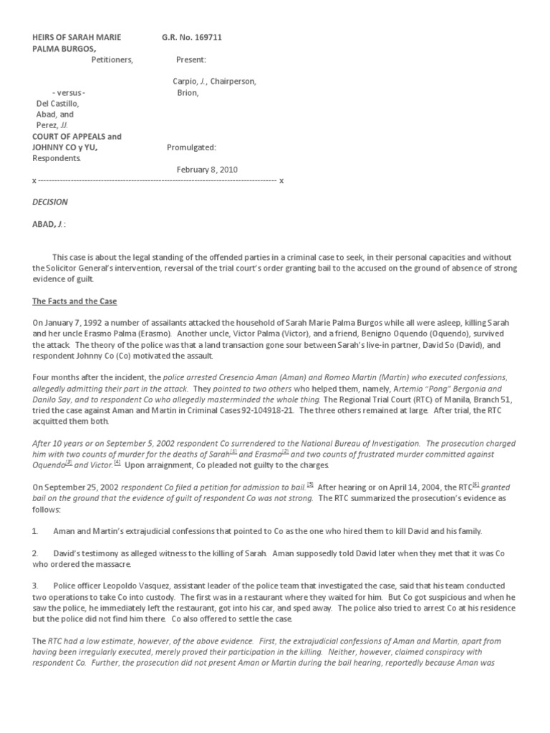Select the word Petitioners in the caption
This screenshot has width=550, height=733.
112,59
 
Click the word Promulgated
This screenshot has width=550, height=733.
191,147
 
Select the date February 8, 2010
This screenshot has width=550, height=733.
207,170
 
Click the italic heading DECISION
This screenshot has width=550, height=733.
50,202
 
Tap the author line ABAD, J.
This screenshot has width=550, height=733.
49,224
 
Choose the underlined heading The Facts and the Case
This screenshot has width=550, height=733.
74,301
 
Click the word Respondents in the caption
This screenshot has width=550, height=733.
57,158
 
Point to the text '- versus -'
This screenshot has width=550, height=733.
69,92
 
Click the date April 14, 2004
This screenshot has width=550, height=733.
415,487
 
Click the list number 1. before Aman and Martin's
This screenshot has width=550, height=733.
35,532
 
